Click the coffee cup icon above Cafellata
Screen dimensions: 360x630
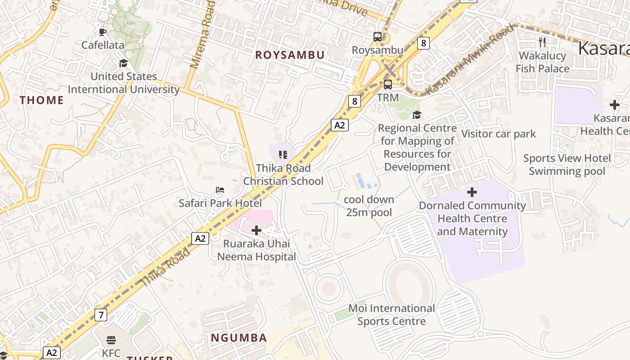(x=103, y=31)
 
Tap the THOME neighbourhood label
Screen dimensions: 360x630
(x=41, y=100)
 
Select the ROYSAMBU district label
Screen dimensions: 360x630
(x=290, y=55)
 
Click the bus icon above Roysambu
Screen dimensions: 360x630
(x=378, y=37)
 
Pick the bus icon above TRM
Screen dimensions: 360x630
(x=387, y=84)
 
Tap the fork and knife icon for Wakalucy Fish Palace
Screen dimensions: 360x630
(x=542, y=42)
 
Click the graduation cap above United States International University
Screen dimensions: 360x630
(x=123, y=63)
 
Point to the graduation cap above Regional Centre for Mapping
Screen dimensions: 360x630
(x=417, y=115)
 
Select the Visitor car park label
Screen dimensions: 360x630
(x=499, y=134)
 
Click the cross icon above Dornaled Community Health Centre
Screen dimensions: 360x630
(x=472, y=193)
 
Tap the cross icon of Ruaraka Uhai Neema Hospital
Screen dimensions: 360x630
(x=256, y=230)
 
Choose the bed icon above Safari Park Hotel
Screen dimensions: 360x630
(x=220, y=190)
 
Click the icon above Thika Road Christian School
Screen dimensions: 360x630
(x=283, y=155)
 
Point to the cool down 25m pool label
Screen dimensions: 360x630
(x=369, y=206)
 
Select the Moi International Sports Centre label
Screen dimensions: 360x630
(x=391, y=315)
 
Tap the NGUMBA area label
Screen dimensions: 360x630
(x=239, y=337)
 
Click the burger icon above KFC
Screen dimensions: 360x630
(x=111, y=340)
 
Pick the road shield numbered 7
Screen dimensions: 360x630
(x=101, y=315)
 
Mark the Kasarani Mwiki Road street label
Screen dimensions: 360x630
(x=469, y=59)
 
